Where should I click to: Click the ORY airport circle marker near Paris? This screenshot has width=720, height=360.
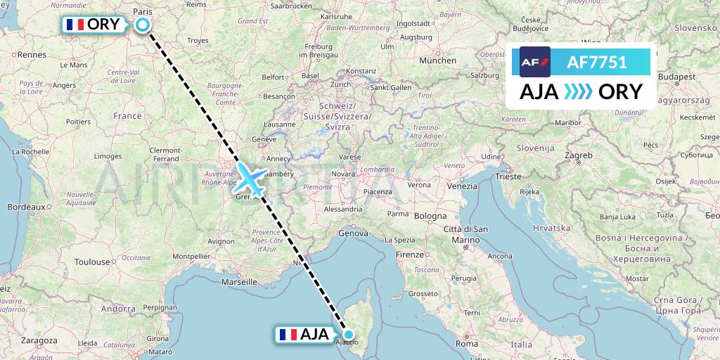(x=143, y=25)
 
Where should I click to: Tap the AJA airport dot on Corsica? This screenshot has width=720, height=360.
(x=348, y=335)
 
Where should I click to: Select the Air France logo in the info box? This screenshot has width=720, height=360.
(x=534, y=62)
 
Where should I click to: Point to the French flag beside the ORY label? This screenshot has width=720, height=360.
(x=74, y=25)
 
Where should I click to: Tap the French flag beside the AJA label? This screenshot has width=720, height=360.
(x=287, y=335)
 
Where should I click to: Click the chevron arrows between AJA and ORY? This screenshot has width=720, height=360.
(x=578, y=92)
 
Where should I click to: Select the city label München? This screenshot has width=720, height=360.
(x=437, y=61)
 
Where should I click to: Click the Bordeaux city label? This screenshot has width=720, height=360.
(x=25, y=207)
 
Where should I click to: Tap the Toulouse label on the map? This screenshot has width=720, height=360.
(x=93, y=261)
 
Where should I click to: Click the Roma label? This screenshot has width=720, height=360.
(x=467, y=344)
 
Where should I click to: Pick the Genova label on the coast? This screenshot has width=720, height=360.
(x=353, y=232)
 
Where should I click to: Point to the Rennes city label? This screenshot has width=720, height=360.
(x=32, y=54)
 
